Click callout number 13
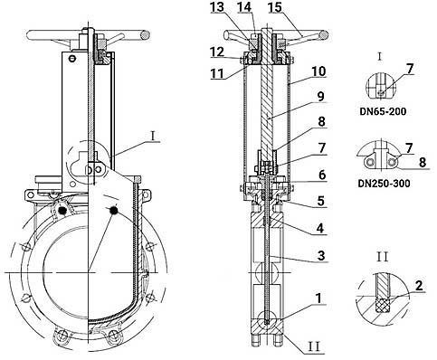click(x=217, y=7)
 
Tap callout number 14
click(x=244, y=7)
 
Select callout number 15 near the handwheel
click(x=275, y=7)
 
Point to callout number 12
click(x=217, y=52)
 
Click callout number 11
click(x=217, y=73)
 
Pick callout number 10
click(x=318, y=71)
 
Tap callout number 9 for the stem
click(x=320, y=97)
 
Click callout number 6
click(x=322, y=175)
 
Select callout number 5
click(x=321, y=201)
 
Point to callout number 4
click(x=320, y=228)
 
